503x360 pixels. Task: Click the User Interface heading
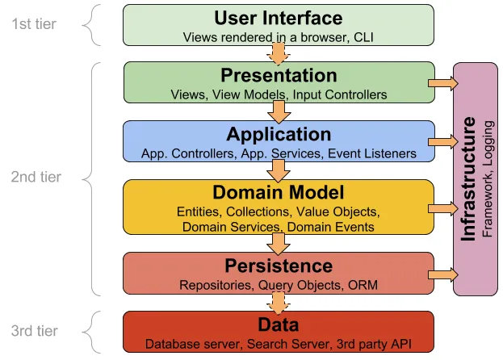pos(278,18)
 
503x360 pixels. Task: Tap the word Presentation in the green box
pos(279,75)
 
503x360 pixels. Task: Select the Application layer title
pos(279,134)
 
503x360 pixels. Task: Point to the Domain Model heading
pos(279,192)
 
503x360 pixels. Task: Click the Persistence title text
pos(279,266)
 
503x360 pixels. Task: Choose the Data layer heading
pos(279,324)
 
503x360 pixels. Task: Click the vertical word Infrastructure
pos(468,179)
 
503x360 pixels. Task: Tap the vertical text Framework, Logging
pos(488,179)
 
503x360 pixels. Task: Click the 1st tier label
pos(34,24)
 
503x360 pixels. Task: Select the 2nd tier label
pos(36,177)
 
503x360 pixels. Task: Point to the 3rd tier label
pos(35,331)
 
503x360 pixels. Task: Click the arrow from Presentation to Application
pos(279,112)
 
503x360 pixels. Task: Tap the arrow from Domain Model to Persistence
pos(279,245)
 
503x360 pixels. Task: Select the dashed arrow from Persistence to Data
pos(279,303)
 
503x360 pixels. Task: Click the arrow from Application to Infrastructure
pos(443,142)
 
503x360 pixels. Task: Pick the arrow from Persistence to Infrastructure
pos(443,274)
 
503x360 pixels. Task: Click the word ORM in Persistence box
pos(363,285)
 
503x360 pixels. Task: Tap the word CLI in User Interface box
pos(363,37)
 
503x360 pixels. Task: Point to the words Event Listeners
pos(372,153)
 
